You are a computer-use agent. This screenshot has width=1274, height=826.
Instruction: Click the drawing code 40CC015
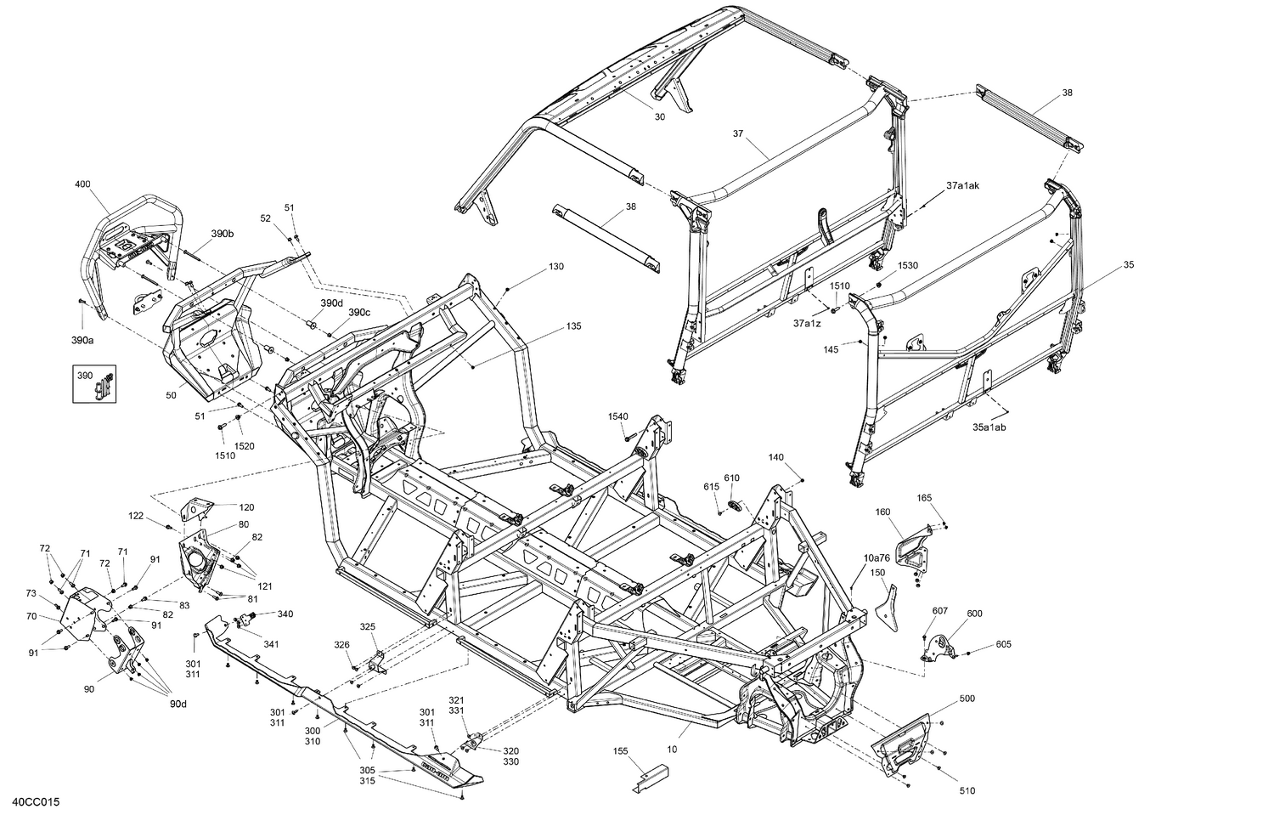click(x=37, y=802)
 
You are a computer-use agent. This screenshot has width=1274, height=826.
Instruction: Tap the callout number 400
click(x=82, y=184)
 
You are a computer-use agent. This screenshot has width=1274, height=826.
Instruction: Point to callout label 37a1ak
click(x=963, y=185)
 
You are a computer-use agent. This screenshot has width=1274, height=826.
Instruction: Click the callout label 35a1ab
click(x=989, y=427)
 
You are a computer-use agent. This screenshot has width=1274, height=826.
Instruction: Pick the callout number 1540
click(x=617, y=416)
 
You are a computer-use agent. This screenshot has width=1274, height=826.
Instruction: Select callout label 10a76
click(x=877, y=558)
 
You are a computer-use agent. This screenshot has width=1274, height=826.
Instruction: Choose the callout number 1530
click(x=908, y=266)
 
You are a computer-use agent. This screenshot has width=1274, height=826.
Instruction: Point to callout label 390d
click(x=332, y=303)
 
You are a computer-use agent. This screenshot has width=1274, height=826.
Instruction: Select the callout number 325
click(x=367, y=626)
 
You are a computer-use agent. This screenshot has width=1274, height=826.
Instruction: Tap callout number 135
click(x=574, y=326)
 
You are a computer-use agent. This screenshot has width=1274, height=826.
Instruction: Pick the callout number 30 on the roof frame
click(x=660, y=117)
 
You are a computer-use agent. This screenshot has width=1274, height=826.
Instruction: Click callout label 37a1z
click(x=807, y=324)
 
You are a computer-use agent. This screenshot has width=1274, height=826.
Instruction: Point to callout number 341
click(x=270, y=644)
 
